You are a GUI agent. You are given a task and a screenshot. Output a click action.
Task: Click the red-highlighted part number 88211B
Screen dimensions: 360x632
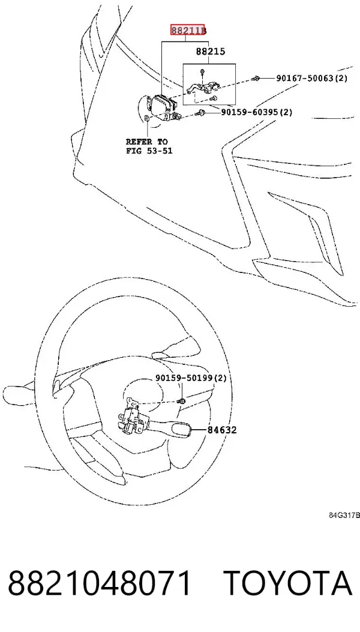(188, 30)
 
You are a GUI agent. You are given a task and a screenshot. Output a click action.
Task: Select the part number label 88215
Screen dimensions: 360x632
(211, 52)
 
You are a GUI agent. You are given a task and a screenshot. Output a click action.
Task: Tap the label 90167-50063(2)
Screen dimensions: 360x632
(311, 78)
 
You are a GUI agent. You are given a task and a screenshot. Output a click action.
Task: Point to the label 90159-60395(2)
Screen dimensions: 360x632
(257, 112)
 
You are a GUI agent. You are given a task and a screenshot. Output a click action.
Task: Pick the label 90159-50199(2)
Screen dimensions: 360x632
(191, 378)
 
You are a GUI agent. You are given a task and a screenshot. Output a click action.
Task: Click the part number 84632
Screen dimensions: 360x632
(222, 430)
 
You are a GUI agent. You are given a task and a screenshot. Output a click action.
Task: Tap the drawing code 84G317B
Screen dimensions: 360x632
(344, 515)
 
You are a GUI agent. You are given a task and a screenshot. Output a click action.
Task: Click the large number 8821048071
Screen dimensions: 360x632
(99, 583)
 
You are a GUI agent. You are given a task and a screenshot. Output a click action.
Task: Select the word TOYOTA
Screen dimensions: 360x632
(288, 583)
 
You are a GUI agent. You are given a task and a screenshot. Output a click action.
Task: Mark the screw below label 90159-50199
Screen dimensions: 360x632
(182, 400)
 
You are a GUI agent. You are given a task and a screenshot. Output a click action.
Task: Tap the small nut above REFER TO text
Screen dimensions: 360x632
(148, 118)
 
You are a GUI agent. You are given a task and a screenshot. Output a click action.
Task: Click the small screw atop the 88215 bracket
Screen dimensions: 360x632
(201, 73)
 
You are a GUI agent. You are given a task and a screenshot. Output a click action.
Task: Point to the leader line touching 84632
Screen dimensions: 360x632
(199, 430)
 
